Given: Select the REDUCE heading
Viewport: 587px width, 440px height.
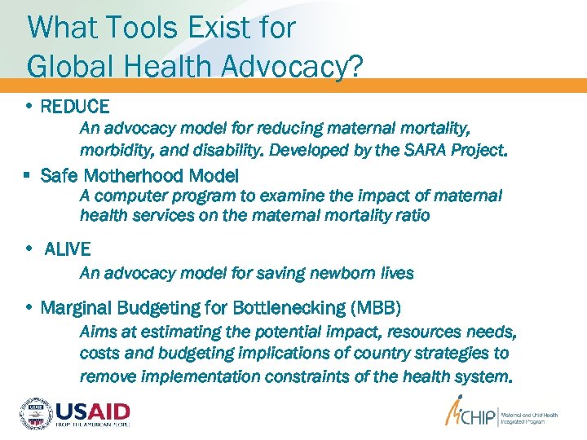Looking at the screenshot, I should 74,106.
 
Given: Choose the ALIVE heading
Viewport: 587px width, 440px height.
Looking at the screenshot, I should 68,249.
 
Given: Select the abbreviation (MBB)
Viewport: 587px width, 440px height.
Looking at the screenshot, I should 375,308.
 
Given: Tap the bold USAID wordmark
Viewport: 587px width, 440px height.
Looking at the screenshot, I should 92,409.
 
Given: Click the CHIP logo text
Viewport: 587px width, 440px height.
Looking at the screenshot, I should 477,416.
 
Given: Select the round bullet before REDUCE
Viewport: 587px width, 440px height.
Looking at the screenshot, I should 29,106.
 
